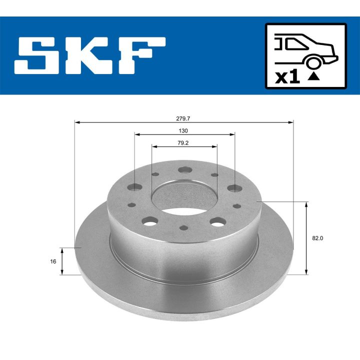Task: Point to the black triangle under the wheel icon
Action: pyautogui.click(x=313, y=76)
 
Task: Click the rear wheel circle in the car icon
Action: pyautogui.click(x=313, y=63)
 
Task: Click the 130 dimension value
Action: pyautogui.click(x=183, y=131)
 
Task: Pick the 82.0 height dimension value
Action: pyautogui.click(x=317, y=238)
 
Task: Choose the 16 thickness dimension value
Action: pyautogui.click(x=53, y=261)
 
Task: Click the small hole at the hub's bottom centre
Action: pyautogui.click(x=184, y=228)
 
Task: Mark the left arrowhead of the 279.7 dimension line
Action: pyautogui.click(x=76, y=122)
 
